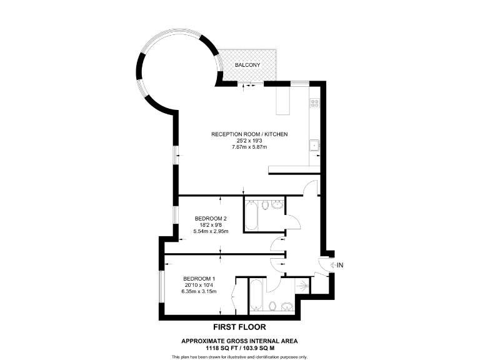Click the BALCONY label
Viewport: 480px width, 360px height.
tap(247, 65)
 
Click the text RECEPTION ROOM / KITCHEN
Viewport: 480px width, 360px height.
tap(249, 134)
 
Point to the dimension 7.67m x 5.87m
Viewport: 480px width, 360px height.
tap(249, 147)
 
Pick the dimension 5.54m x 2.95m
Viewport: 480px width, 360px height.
tap(211, 231)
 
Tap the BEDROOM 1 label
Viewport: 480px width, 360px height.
tap(199, 279)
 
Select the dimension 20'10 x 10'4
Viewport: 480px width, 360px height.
tap(199, 285)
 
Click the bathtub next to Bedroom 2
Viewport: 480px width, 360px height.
tap(251, 214)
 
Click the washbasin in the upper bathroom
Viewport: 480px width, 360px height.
tap(278, 206)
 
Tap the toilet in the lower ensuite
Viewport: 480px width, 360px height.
tap(272, 305)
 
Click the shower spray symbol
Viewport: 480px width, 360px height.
tap(303, 286)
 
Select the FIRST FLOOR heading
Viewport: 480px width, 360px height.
tap(239, 327)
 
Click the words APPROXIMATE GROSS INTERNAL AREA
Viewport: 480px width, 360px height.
tap(239, 341)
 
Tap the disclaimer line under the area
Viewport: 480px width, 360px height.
tap(239, 356)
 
